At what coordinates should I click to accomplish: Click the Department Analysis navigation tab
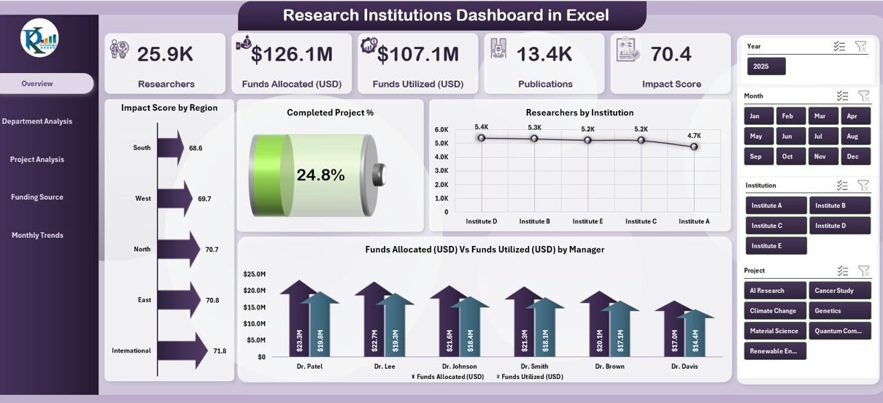click(37, 121)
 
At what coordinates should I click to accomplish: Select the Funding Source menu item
click(37, 197)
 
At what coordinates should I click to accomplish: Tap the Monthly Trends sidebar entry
click(37, 235)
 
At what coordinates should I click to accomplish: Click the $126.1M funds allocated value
click(292, 54)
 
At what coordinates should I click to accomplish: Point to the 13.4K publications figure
click(544, 54)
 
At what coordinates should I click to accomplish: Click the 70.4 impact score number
click(671, 54)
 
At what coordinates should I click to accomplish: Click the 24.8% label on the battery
click(320, 174)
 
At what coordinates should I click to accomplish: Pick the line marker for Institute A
click(694, 147)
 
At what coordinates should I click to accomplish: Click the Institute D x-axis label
click(481, 221)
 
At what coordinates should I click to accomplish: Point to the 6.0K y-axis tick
click(441, 130)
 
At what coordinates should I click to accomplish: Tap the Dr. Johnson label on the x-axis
click(460, 366)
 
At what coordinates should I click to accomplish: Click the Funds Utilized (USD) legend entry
click(531, 377)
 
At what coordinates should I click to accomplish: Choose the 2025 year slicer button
click(766, 66)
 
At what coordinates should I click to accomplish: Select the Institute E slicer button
click(776, 246)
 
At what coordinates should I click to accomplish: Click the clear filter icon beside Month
click(863, 96)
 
